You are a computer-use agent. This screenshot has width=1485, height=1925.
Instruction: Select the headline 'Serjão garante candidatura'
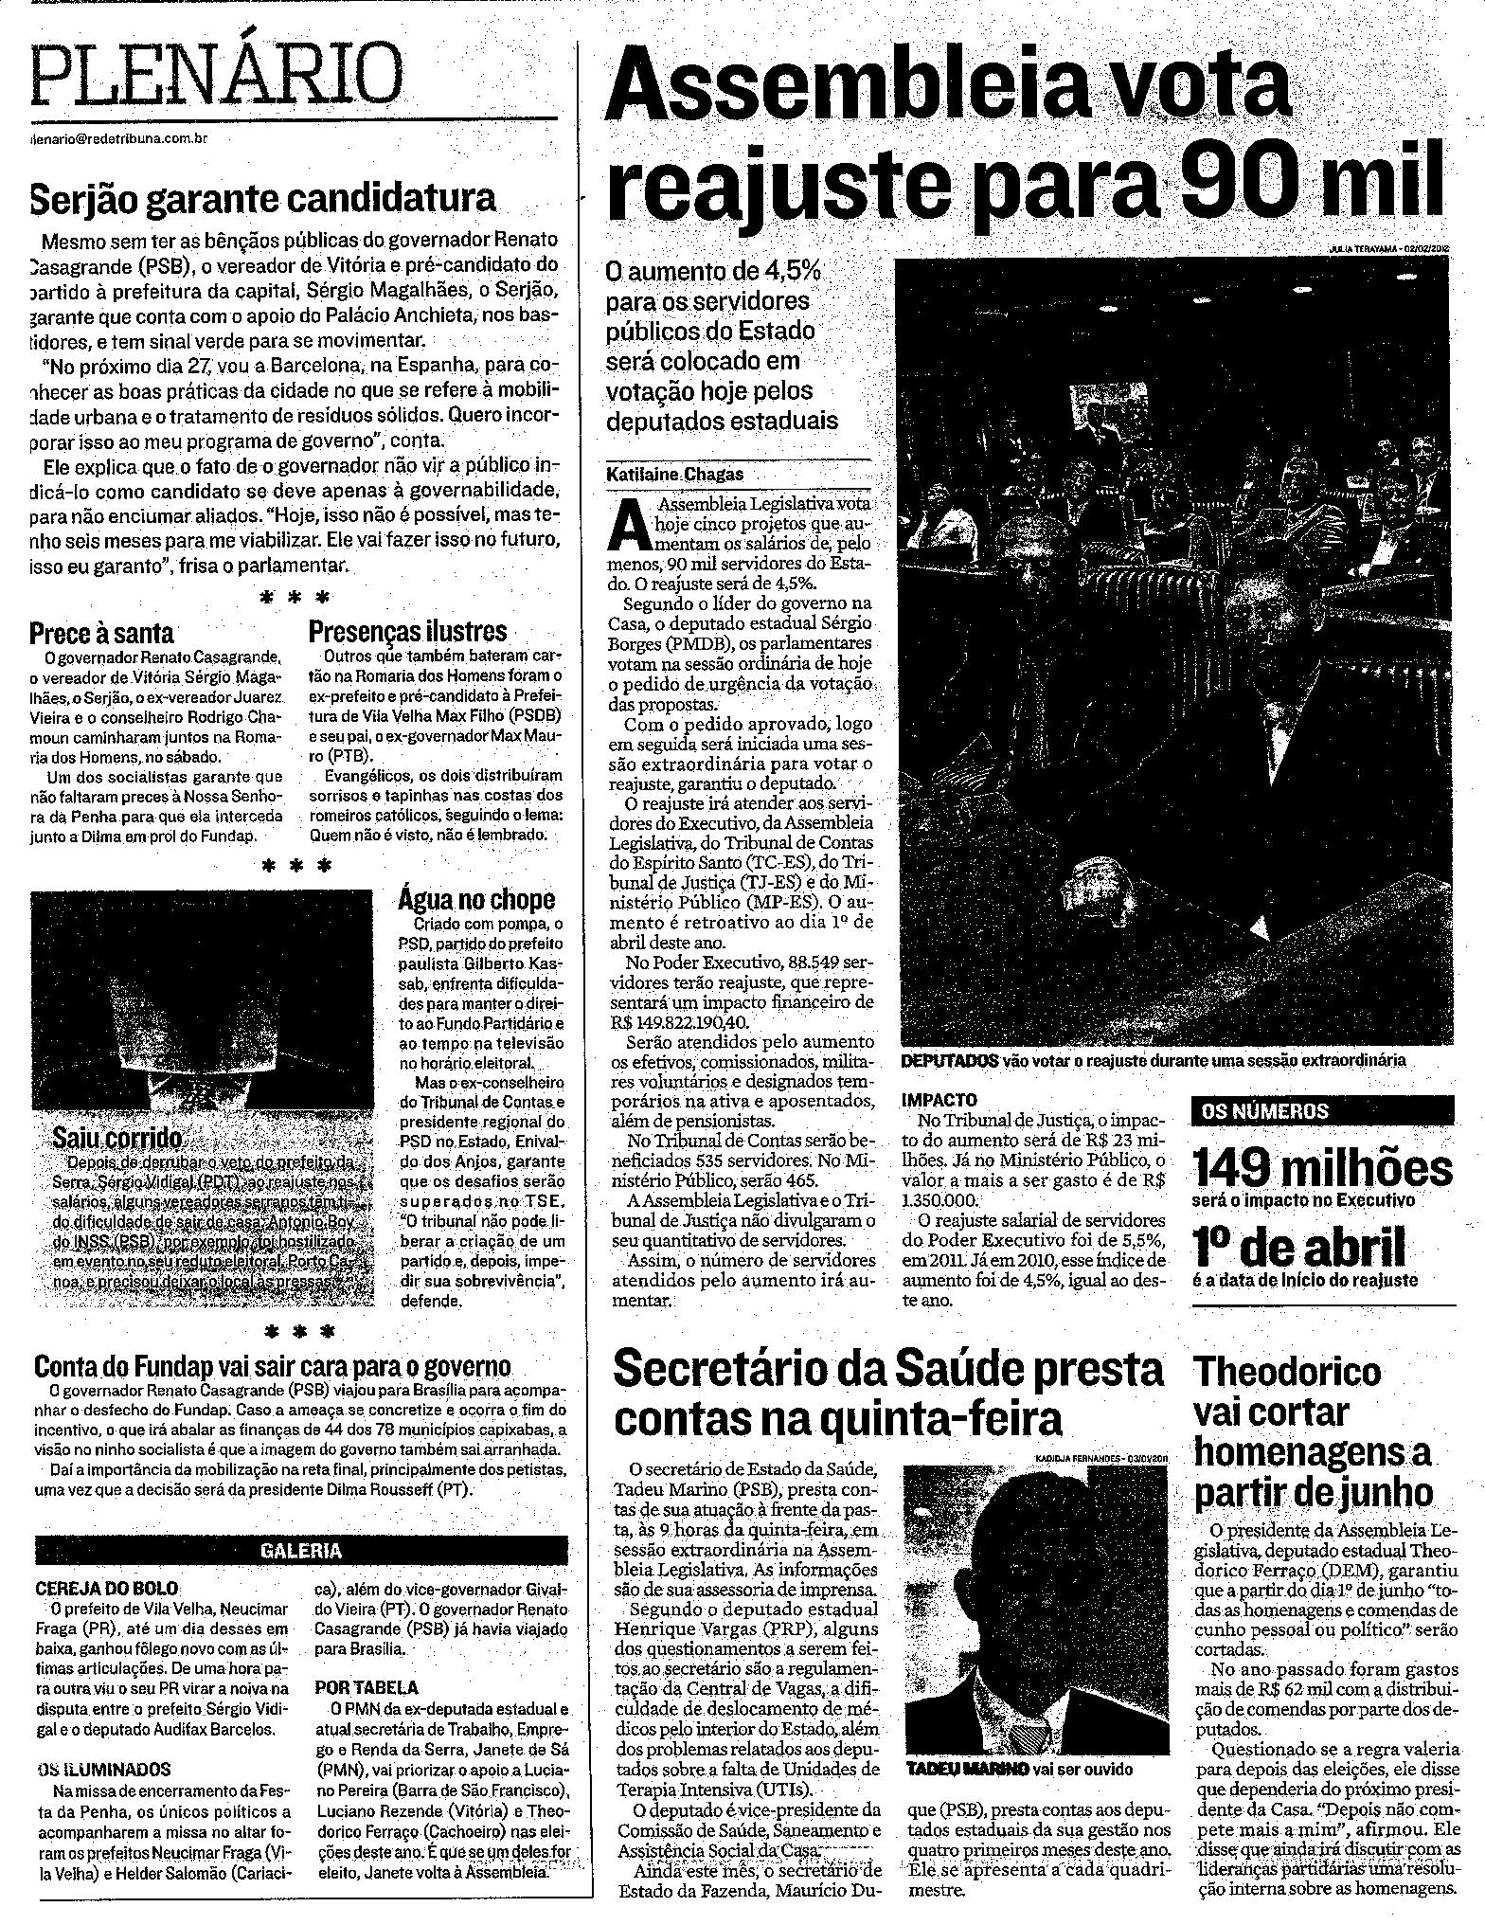(x=262, y=198)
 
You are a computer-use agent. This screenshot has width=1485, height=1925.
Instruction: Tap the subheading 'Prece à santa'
(x=101, y=633)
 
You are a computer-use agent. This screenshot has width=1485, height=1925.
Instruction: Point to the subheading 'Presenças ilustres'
(x=408, y=631)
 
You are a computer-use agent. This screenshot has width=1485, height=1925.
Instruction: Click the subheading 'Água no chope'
(x=476, y=899)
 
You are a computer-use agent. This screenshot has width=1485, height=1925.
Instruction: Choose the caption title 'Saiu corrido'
(x=117, y=1136)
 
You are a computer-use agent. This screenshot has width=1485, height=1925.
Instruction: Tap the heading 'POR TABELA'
(x=368, y=1687)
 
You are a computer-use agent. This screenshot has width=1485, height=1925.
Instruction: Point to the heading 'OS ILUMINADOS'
(x=103, y=1769)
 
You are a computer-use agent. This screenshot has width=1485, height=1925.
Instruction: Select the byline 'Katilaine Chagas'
(x=676, y=474)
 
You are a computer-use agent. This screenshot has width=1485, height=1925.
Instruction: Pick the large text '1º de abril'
(x=1298, y=1248)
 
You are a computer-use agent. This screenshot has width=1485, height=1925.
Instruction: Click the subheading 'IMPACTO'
(x=939, y=1102)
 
